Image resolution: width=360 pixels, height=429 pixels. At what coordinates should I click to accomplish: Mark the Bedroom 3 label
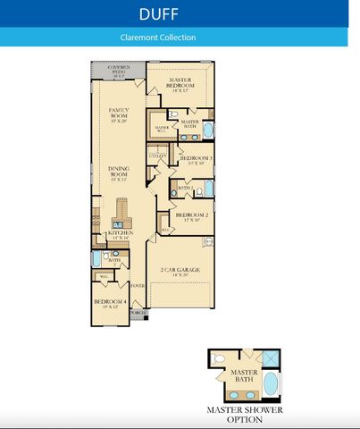point(194,160)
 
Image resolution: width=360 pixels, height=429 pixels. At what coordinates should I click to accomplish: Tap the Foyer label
point(138,286)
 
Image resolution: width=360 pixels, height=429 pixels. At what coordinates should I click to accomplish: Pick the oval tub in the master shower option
point(272,384)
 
